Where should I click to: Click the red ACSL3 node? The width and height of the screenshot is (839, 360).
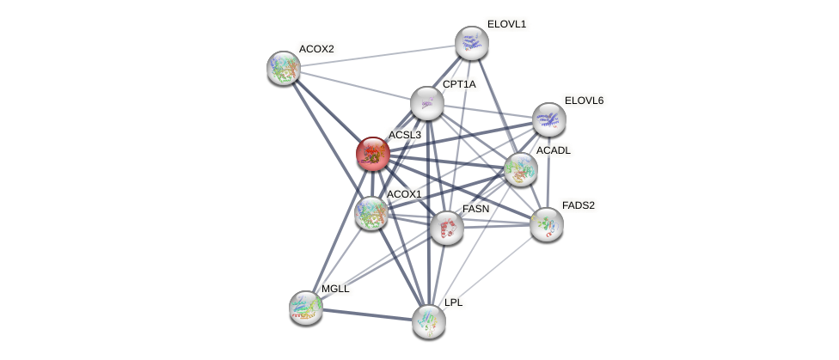pos(372,154)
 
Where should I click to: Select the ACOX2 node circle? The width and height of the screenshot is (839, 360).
pos(283,68)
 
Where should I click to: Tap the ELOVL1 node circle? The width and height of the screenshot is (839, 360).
pos(471,43)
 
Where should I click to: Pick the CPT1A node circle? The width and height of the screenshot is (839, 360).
pos(426,103)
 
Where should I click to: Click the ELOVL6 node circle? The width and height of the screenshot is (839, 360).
pos(548,119)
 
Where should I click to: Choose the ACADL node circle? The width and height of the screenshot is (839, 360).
pos(520,169)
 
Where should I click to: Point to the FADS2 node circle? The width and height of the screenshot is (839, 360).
pos(546,224)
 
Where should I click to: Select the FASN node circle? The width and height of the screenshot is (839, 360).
pos(446,228)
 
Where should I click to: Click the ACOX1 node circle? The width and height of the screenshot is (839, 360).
pos(371,213)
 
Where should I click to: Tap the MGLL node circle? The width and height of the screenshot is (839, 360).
pos(305,307)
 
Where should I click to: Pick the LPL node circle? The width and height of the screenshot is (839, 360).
pos(428,321)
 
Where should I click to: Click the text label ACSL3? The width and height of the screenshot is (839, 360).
pos(404,136)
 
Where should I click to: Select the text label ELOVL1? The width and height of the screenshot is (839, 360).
pos(506,24)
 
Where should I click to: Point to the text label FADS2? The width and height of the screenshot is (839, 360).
pos(578,205)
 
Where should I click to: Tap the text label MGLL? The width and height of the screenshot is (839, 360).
pos(335,289)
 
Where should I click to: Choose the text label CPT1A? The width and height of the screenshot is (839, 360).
pos(458,84)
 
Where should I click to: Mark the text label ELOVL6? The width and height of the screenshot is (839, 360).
pos(584,101)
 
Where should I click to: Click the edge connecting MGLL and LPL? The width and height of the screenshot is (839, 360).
pos(366,314)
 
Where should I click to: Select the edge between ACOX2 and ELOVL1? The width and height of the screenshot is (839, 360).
pos(377,56)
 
